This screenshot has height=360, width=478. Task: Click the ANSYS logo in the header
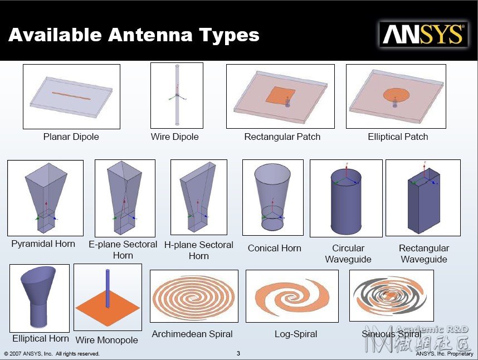click(x=423, y=35)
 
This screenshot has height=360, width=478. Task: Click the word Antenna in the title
click(x=150, y=35)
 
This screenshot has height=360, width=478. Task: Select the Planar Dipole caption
click(x=71, y=137)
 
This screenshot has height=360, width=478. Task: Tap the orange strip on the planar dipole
click(x=71, y=96)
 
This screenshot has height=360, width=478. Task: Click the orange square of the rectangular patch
click(x=280, y=95)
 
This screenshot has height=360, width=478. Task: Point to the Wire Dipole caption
click(x=175, y=137)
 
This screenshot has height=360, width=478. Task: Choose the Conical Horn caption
click(x=274, y=248)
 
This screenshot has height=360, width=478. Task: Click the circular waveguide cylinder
click(x=347, y=203)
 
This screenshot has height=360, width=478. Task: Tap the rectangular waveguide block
click(x=424, y=201)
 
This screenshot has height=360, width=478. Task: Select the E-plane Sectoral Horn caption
click(x=123, y=250)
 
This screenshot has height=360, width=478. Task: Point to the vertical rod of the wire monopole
click(x=108, y=288)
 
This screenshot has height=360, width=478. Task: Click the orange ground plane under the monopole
click(x=108, y=307)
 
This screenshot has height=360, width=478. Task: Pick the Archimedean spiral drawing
click(x=194, y=296)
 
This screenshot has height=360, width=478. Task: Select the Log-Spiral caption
click(x=296, y=334)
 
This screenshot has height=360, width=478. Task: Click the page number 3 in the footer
click(x=238, y=353)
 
